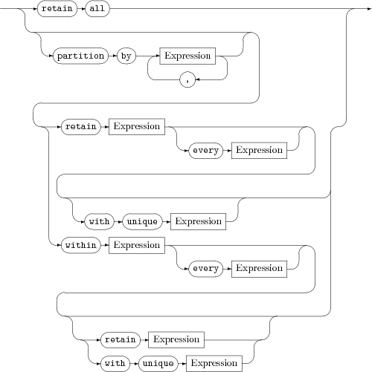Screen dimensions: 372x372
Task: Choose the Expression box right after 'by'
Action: tap(187, 56)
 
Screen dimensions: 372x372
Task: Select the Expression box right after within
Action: tap(137, 244)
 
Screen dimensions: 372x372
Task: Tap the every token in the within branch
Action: tap(205, 268)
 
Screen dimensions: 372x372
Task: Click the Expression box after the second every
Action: tap(258, 268)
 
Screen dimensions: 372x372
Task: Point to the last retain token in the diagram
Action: tap(120, 339)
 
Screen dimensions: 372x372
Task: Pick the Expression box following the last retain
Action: tap(176, 339)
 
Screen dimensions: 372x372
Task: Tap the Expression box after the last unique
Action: tap(214, 363)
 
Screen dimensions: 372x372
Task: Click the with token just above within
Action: tap(98, 221)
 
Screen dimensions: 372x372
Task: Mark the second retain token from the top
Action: tap(80, 126)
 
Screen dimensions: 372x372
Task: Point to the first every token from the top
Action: tap(205, 150)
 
